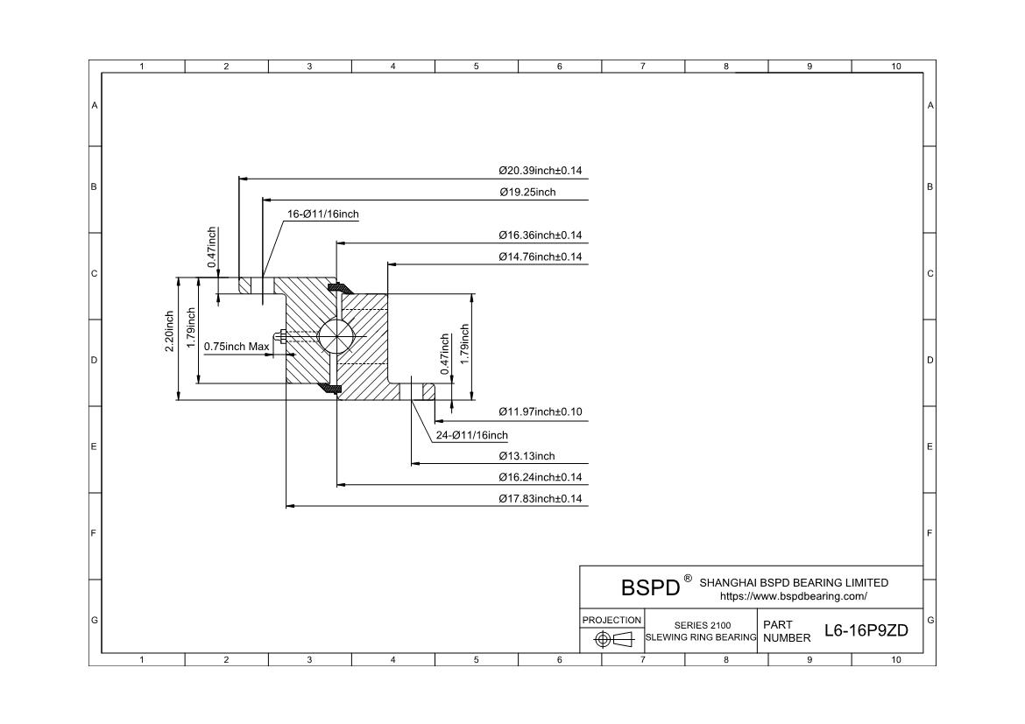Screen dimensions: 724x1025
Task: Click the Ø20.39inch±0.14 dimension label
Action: (x=540, y=171)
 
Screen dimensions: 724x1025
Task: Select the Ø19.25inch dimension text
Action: (x=527, y=192)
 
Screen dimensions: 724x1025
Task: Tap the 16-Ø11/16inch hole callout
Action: (x=323, y=214)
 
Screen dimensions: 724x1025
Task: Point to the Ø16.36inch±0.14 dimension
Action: (x=540, y=235)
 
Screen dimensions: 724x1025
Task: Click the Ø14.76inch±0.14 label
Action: (x=540, y=257)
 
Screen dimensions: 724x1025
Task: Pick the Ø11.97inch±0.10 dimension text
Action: (x=540, y=411)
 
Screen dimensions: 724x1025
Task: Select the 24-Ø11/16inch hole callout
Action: (x=471, y=435)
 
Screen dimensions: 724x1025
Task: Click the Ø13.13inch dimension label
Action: (x=527, y=456)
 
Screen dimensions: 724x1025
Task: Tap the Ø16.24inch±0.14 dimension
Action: (x=540, y=477)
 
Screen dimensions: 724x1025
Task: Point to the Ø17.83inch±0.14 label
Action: (x=540, y=498)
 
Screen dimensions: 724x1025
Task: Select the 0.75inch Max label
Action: (x=237, y=347)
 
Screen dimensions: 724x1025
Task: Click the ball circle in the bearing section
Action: (x=336, y=336)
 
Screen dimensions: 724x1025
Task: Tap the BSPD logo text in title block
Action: (x=650, y=587)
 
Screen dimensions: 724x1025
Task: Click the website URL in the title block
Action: (x=793, y=596)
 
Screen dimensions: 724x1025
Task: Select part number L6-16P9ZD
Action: (x=866, y=630)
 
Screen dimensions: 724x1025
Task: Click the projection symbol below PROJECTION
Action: (x=612, y=640)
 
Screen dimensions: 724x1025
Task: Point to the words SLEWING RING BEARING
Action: (x=701, y=637)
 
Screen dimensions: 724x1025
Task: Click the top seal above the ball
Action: (x=336, y=286)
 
